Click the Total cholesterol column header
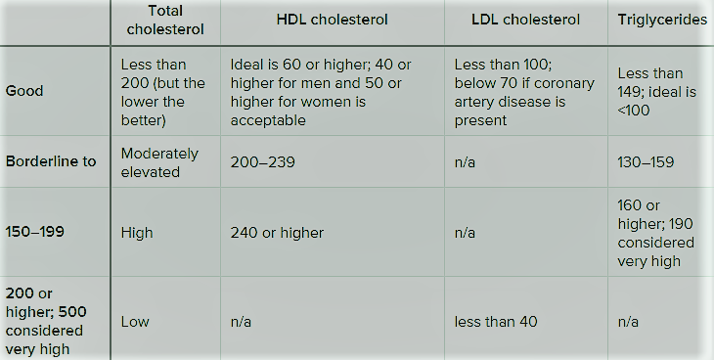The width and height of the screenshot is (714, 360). [165, 20]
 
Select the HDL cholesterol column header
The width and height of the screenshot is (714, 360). [332, 20]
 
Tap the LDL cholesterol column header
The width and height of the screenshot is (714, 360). [525, 20]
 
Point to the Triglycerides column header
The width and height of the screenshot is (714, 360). [662, 20]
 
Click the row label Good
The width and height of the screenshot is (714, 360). [24, 91]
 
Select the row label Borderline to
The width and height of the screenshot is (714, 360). [51, 161]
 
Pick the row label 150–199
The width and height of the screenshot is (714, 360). [34, 232]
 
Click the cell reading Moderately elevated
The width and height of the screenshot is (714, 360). [159, 162]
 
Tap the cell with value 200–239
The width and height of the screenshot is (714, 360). [262, 162]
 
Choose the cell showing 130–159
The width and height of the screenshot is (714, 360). [646, 162]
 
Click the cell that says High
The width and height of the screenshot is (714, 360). [137, 233]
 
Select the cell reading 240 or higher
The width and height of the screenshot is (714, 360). [277, 233]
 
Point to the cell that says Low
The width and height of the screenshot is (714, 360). [135, 322]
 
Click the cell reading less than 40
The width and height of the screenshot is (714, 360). [496, 322]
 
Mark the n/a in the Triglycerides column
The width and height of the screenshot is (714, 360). [628, 322]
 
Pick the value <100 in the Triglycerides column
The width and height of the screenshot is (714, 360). [634, 111]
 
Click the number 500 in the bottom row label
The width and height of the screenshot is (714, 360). [72, 312]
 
